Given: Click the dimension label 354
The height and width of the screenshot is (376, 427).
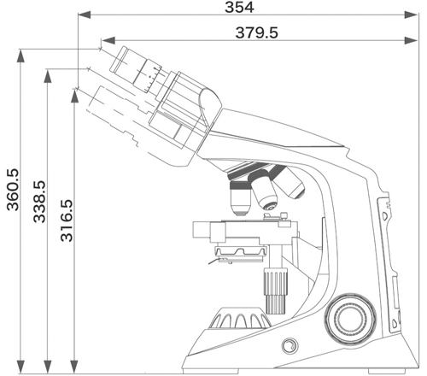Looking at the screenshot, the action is point(239,8).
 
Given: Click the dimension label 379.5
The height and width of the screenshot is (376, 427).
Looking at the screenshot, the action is point(256,32).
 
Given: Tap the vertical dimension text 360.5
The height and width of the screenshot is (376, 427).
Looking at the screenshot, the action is point(13,190).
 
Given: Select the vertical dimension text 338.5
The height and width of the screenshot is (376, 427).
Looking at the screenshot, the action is point(39,202).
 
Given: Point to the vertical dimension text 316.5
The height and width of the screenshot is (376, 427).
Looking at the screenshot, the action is point(67,220).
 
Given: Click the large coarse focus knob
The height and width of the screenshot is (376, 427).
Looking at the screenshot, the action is point(350,318).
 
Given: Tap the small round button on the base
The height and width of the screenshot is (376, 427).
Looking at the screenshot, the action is point(290,346).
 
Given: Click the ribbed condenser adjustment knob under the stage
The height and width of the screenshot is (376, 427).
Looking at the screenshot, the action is point(276,291).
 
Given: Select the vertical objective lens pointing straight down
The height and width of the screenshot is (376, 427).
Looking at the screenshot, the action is point(241,198).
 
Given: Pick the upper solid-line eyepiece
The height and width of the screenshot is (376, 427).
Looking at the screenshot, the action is point(136,70).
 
